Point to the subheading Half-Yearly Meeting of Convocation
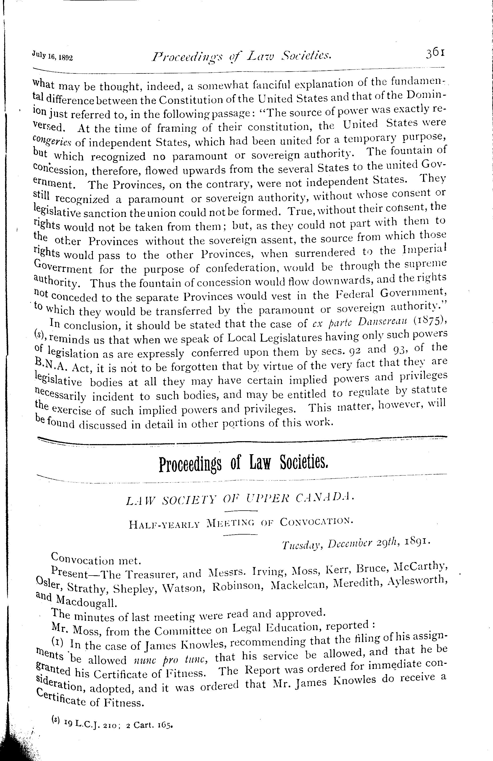coord(241,523)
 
